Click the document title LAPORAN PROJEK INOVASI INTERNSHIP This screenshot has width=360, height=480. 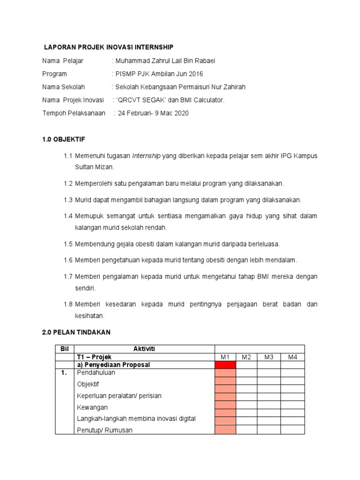pyautogui.click(x=108, y=47)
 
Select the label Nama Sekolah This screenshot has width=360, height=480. pyautogui.click(x=64, y=87)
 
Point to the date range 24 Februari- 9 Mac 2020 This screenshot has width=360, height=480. pyautogui.click(x=153, y=113)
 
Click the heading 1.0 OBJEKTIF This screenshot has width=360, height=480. pyautogui.click(x=64, y=140)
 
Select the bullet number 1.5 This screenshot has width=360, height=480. pyautogui.click(x=68, y=244)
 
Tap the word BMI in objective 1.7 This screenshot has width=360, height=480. pyautogui.click(x=262, y=277)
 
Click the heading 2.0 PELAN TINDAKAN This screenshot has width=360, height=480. pyautogui.click(x=76, y=332)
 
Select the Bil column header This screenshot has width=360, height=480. pyautogui.click(x=64, y=349)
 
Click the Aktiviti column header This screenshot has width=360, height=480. pyautogui.click(x=144, y=349)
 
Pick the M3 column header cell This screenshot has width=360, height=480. pyautogui.click(x=269, y=357)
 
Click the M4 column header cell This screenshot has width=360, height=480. pyautogui.click(x=292, y=357)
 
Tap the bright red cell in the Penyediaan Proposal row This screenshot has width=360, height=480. pyautogui.click(x=225, y=365)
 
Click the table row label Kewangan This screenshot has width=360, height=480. pyautogui.click(x=92, y=407)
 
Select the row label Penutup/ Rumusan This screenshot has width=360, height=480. pyautogui.click(x=105, y=430)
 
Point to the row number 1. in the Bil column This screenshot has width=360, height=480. pyautogui.click(x=64, y=373)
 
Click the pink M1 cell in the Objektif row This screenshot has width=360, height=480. pyautogui.click(x=225, y=384)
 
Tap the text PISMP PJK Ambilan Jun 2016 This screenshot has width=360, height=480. pyautogui.click(x=159, y=74)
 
